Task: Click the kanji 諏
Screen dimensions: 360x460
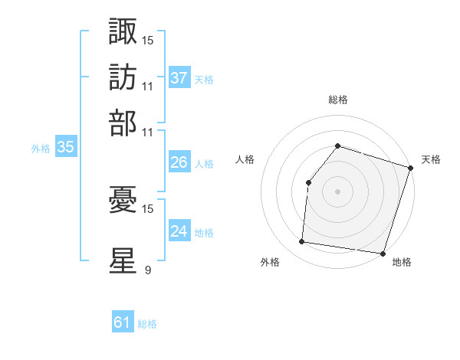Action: pos(123,31)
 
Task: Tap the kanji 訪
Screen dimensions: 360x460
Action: pos(123,77)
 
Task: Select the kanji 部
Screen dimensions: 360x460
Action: pos(123,123)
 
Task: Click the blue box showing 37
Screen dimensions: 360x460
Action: pos(179,78)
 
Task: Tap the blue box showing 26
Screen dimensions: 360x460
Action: pos(179,162)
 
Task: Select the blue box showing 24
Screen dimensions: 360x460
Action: pos(179,231)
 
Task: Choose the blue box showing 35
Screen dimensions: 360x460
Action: pos(65,148)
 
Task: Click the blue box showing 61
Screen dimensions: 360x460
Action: pos(123,322)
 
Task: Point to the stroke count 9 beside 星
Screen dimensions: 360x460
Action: pos(147,270)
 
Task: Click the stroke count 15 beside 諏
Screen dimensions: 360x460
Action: pos(148,39)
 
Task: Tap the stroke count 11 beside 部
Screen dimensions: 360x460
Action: pos(148,131)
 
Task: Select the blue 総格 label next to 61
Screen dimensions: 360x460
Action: pos(147,324)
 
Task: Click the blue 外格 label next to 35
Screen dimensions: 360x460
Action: pos(41,149)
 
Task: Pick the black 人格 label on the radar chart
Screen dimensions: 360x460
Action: pos(245,159)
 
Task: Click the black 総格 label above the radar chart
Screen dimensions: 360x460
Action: pos(337,100)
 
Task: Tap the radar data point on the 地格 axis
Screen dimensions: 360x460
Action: pos(383,253)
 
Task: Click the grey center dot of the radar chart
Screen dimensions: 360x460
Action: pos(337,191)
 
